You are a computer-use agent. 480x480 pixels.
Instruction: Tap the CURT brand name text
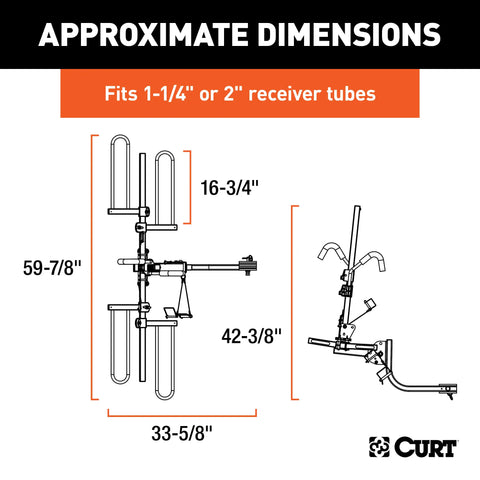point(427,443)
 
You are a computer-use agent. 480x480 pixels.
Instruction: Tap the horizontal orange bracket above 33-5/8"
point(182,411)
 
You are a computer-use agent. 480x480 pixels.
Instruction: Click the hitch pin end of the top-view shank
point(248,267)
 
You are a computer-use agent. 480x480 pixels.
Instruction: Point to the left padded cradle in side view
point(330,250)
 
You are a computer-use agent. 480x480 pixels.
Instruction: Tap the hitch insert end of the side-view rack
point(452,386)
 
